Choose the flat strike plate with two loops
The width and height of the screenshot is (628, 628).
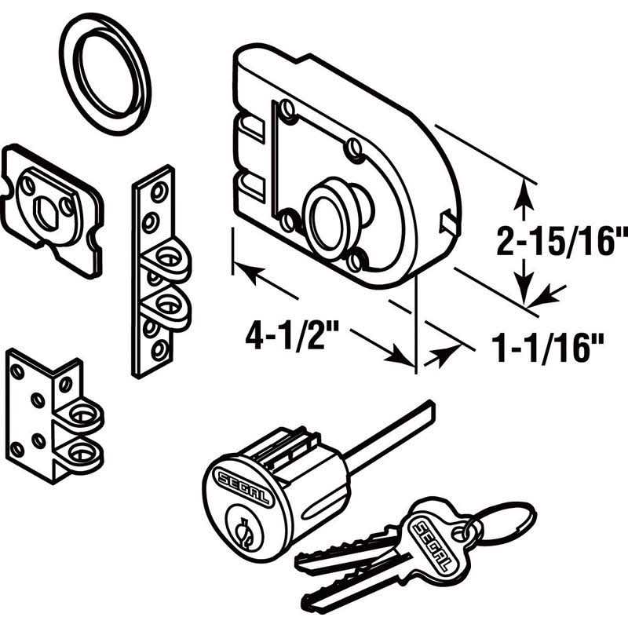(157, 271)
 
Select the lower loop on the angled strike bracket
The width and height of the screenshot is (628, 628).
(82, 450)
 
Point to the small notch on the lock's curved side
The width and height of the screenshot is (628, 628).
(448, 218)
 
